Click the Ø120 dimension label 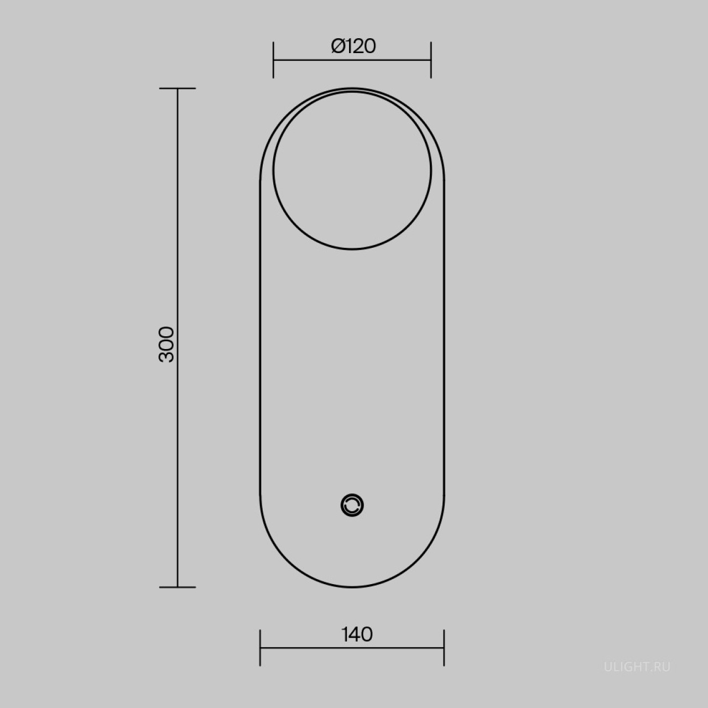pos(353,46)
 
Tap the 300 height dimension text pos(166,344)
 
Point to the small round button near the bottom pos(352,506)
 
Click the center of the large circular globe pos(352,170)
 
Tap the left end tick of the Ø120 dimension pos(273,60)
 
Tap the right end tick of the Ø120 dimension pos(431,60)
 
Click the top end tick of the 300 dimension pos(178,88)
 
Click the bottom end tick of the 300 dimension pos(178,587)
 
